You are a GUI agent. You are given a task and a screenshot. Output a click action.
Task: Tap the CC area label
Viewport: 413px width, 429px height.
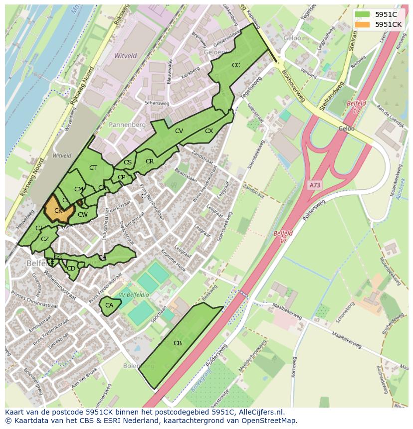(236, 65)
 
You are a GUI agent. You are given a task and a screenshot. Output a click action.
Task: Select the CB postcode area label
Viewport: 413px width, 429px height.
(178, 343)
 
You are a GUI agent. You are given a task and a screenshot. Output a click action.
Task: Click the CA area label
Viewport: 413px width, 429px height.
(109, 305)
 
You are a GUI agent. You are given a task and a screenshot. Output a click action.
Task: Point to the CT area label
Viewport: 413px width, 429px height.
(93, 168)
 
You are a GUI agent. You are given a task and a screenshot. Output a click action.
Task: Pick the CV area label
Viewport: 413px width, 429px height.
(179, 131)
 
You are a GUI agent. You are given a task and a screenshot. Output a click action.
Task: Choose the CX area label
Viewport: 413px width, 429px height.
(209, 131)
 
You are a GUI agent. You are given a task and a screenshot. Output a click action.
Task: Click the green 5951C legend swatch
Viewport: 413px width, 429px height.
(363, 14)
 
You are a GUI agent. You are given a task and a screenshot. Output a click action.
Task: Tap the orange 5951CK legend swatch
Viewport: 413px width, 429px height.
(363, 24)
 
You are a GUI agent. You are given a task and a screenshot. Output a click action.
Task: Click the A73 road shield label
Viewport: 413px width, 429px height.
(315, 185)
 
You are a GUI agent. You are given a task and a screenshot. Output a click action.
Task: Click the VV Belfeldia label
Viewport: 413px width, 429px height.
(135, 295)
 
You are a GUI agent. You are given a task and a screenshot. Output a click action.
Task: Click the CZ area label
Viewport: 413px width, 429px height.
(45, 239)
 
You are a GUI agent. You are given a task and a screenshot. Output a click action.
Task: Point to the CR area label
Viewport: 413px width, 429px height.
(150, 161)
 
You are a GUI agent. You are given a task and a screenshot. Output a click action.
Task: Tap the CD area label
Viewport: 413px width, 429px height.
(71, 269)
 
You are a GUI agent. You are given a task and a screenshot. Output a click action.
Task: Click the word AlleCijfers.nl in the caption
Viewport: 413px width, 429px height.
(260, 413)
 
